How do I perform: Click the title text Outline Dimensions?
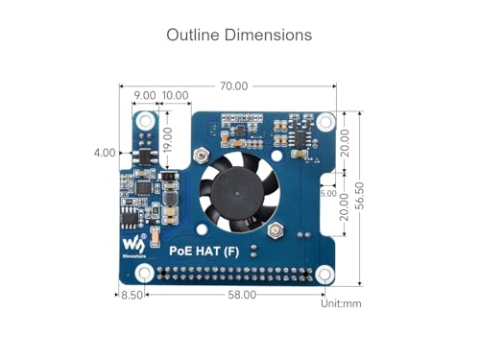point(239,35)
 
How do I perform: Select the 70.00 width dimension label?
point(233,85)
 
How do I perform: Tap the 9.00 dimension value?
point(145,96)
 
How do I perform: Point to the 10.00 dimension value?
point(176,96)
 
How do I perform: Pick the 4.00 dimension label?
point(106,152)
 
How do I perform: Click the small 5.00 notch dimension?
point(328,193)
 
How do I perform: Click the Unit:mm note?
point(342,302)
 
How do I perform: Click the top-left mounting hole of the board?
point(145,121)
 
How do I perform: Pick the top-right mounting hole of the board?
point(325,122)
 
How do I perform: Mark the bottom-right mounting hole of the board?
point(325,273)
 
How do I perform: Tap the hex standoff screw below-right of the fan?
point(277,230)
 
